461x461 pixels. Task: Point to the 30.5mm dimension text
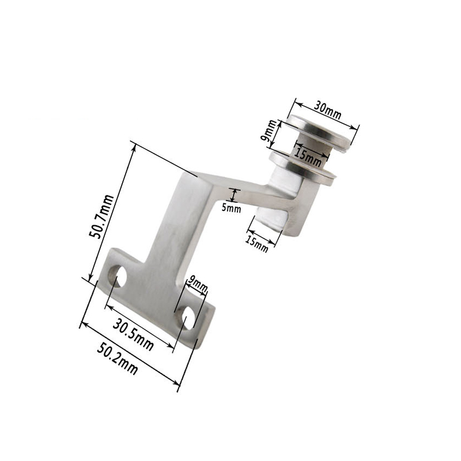pos(133,335)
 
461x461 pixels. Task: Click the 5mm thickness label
pos(231,208)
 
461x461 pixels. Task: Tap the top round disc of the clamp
pos(320,131)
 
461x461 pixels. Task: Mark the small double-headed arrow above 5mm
pos(234,194)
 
